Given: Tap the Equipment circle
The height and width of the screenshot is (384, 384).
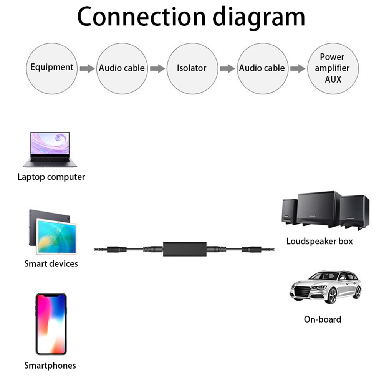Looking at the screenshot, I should click(52, 68).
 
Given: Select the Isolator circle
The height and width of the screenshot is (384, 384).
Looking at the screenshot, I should click(192, 68).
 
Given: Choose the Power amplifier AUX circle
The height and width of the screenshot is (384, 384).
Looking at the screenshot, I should click(333, 68).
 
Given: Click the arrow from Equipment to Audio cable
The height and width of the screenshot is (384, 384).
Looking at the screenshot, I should click(87, 69).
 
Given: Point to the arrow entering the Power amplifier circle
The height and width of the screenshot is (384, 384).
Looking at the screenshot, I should click(298, 69).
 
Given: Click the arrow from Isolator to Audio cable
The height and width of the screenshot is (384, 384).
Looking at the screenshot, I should click(227, 69).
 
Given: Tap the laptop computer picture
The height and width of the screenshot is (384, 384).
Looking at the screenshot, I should click(50, 149).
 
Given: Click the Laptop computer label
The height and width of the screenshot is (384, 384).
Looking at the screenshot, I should click(51, 177).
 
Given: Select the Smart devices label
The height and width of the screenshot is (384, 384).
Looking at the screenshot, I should click(51, 264).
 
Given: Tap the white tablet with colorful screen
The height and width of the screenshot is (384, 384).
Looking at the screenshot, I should click(56, 237).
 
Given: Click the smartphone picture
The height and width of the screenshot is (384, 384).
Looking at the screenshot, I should click(51, 324).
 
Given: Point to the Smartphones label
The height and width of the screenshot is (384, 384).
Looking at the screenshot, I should click(50, 366).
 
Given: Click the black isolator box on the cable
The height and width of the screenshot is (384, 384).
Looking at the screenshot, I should click(185, 249).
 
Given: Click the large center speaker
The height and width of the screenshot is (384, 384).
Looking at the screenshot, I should click(318, 209).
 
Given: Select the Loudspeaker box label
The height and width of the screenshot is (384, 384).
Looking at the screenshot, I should click(319, 242).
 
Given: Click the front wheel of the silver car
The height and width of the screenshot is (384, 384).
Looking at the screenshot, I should click(331, 295).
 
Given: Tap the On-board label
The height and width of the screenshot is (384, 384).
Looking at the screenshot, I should click(323, 319).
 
